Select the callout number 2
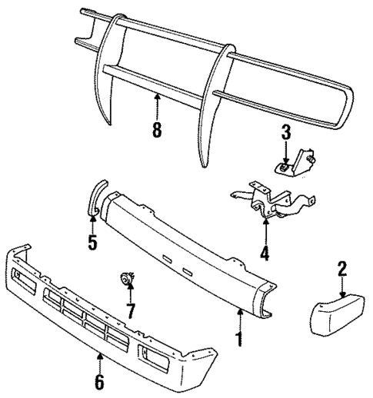(342, 269)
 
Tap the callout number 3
(286, 132)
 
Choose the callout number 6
(100, 382)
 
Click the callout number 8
(157, 130)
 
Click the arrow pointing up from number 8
(157, 106)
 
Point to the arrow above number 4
(265, 230)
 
